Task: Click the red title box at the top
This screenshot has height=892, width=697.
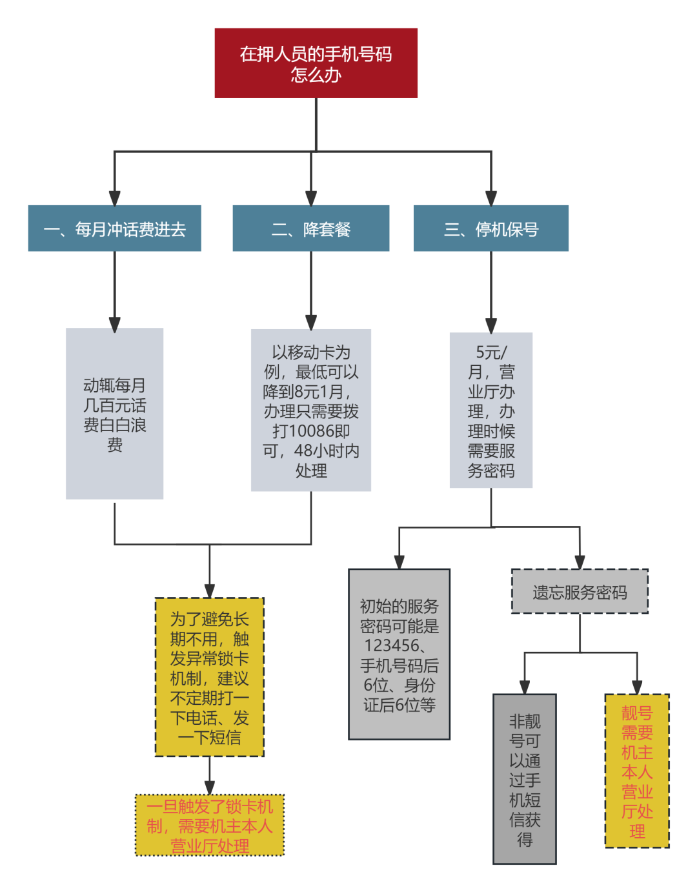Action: click(316, 63)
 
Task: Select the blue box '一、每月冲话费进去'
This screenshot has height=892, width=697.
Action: click(115, 228)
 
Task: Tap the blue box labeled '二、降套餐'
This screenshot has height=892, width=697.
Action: click(311, 228)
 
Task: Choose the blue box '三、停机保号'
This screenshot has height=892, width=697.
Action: click(491, 228)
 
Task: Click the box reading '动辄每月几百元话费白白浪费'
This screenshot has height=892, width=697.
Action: click(115, 414)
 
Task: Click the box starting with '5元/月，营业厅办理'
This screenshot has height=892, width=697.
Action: click(491, 411)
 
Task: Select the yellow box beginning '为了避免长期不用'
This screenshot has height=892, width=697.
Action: click(210, 677)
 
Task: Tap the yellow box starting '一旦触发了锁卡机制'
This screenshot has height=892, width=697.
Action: click(210, 826)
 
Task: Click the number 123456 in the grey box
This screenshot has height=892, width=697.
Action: click(392, 645)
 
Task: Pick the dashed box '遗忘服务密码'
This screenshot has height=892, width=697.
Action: click(580, 592)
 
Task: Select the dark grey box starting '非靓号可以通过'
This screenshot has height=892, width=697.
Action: click(525, 779)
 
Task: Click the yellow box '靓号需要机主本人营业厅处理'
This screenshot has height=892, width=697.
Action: click(637, 771)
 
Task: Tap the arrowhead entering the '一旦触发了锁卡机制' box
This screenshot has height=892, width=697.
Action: click(210, 787)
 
